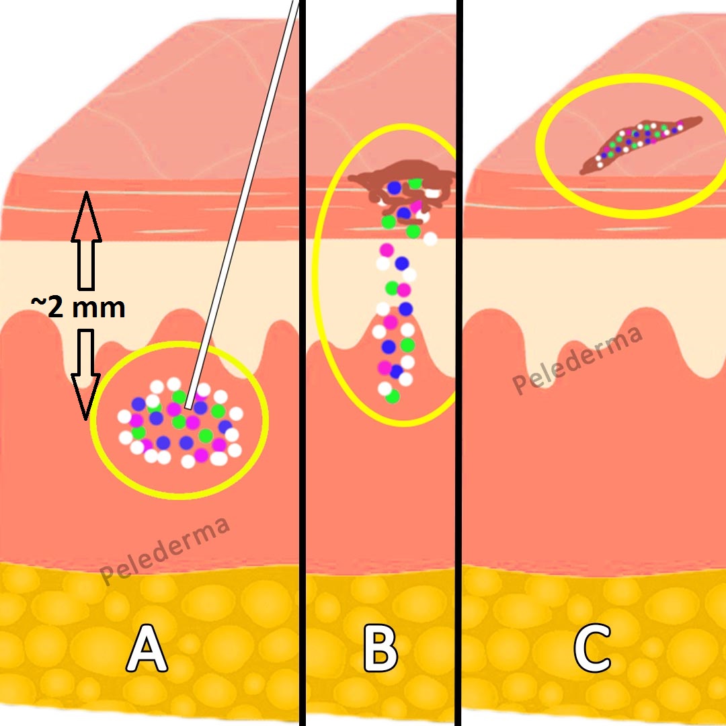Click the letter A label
[x=147, y=649]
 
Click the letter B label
[x=380, y=649]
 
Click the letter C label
[x=594, y=649]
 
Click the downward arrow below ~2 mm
[x=86, y=373]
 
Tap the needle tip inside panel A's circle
[x=189, y=405]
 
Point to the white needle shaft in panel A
[x=242, y=202]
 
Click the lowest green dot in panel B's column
[x=393, y=397]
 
